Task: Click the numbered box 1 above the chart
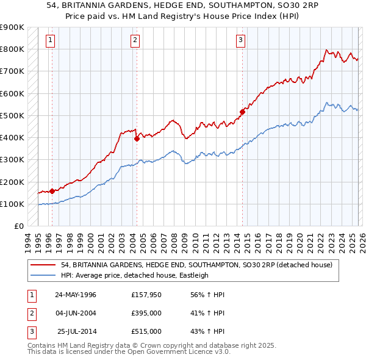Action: pos(50,41)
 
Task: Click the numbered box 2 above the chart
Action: pos(135,41)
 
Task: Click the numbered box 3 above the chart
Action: pos(241,41)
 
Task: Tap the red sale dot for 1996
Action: pos(52,191)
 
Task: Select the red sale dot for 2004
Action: pos(137,139)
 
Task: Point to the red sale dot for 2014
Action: pos(242,112)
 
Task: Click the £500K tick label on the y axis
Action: pos(12,115)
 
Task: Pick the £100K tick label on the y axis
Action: pos(12,204)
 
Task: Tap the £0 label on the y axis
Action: pos(18,226)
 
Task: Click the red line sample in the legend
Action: pos(43,265)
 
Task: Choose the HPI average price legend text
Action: pos(135,275)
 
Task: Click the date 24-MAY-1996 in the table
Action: pos(76,295)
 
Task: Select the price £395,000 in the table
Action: pos(146,313)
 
